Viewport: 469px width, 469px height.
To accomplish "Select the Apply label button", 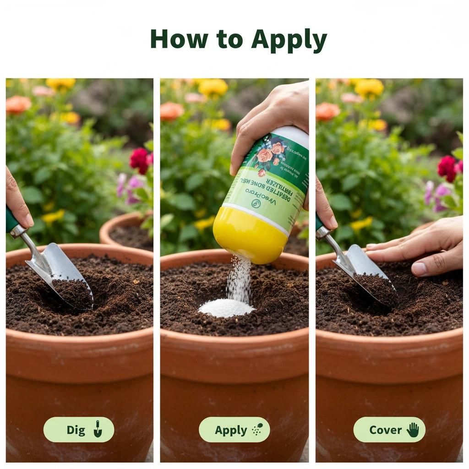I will pyautogui.click(x=234, y=430).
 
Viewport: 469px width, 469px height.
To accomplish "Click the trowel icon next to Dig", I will pyautogui.click(x=97, y=429).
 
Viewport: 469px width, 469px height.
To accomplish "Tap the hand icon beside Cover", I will pyautogui.click(x=413, y=430).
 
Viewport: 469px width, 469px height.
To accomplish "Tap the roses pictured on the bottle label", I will pyautogui.click(x=270, y=153).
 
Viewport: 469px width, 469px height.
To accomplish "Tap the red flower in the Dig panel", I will pyautogui.click(x=139, y=160).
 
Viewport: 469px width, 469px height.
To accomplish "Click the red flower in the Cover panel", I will pyautogui.click(x=447, y=168).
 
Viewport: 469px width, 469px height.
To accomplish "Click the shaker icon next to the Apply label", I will pyautogui.click(x=257, y=430).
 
